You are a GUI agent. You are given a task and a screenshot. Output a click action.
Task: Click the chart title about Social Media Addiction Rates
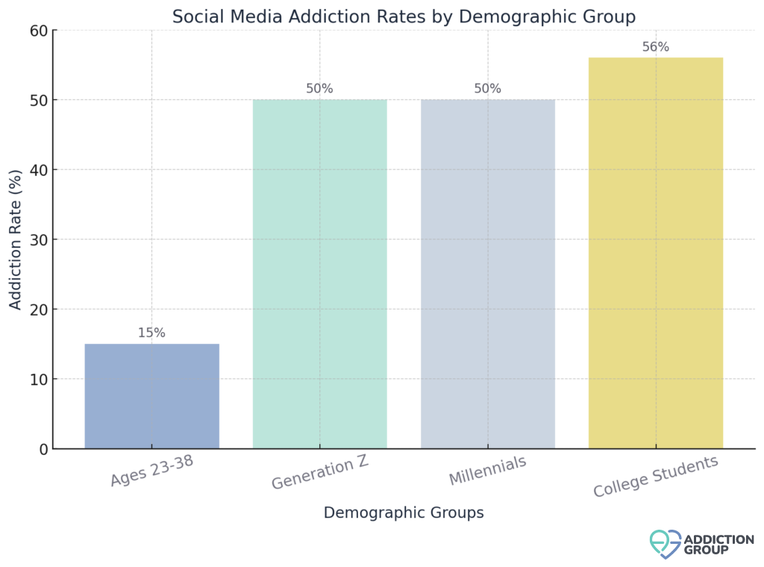(x=404, y=16)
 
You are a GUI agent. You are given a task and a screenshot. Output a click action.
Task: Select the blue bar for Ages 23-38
(x=151, y=396)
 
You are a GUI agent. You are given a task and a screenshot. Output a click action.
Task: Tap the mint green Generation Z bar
(x=319, y=274)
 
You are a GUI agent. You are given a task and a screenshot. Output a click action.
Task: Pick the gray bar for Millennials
(x=487, y=274)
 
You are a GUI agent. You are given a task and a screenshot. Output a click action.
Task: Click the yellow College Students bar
(x=655, y=253)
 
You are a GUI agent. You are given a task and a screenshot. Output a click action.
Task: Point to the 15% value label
(x=151, y=333)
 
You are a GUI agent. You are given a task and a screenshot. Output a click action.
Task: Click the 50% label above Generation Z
(x=319, y=89)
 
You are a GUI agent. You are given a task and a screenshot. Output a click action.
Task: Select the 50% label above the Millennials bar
(x=487, y=89)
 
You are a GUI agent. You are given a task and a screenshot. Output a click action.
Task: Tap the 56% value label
(x=655, y=47)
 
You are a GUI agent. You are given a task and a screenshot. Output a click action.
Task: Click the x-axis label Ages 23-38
(x=152, y=471)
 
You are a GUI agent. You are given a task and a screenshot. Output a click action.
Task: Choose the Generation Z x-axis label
(x=319, y=473)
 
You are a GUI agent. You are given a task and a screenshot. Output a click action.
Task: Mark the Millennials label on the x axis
(x=487, y=470)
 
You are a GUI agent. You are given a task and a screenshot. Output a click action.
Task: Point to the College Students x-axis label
(x=656, y=476)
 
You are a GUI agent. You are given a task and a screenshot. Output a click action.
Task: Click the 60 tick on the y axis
(x=39, y=31)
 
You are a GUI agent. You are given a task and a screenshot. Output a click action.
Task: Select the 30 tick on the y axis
(x=39, y=239)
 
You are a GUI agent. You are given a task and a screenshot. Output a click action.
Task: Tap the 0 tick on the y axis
(x=43, y=449)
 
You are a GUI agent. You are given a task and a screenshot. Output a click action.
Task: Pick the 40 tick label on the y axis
(x=39, y=170)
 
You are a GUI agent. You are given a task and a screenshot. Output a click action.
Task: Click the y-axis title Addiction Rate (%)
(x=16, y=239)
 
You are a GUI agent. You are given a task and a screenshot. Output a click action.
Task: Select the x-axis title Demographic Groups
(x=404, y=513)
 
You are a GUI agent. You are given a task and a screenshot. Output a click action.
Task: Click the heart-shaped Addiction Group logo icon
(x=665, y=544)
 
